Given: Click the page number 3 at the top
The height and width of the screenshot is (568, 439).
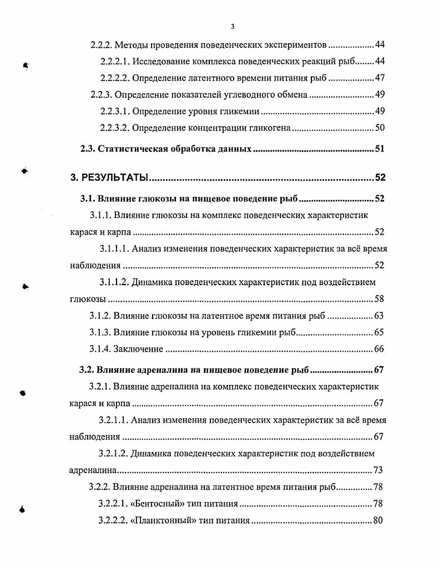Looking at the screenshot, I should (x=233, y=27).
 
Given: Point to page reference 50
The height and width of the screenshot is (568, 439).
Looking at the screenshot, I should (x=380, y=128).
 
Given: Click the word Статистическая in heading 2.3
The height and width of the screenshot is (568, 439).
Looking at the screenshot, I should (x=130, y=149).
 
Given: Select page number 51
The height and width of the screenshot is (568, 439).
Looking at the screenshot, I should (x=380, y=149).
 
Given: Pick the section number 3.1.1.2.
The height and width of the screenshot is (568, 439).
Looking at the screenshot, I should (x=114, y=282).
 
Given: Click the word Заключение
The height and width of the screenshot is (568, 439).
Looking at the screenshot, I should (x=138, y=349).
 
